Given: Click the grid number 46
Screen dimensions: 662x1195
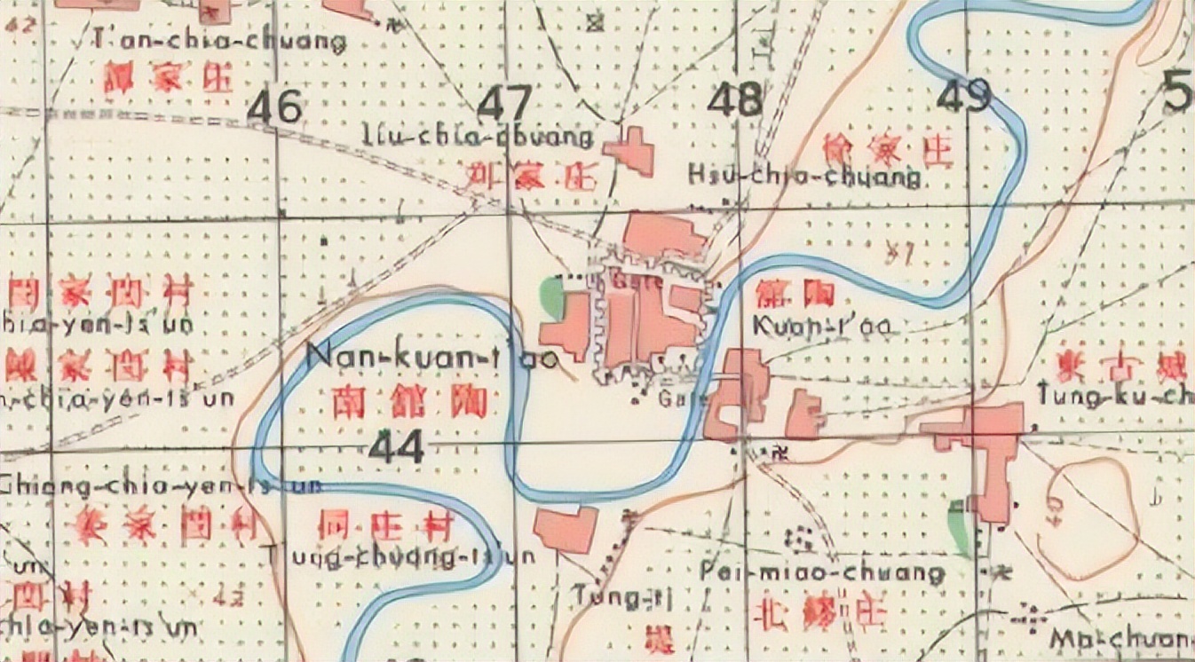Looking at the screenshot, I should pyautogui.click(x=275, y=107).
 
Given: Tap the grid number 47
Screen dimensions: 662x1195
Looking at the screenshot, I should pyautogui.click(x=505, y=104).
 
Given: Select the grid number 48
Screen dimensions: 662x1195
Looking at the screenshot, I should pyautogui.click(x=734, y=99).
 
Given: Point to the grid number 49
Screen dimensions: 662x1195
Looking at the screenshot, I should pyautogui.click(x=963, y=96).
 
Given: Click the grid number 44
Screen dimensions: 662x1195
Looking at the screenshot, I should pyautogui.click(x=397, y=446).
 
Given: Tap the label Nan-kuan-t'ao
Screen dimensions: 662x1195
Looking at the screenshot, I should pyautogui.click(x=432, y=358).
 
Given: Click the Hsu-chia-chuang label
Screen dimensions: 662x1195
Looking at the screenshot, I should pyautogui.click(x=804, y=177).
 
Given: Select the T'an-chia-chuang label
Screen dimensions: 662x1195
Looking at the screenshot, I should pyautogui.click(x=219, y=41).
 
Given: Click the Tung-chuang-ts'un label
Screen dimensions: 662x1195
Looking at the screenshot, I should pyautogui.click(x=401, y=556).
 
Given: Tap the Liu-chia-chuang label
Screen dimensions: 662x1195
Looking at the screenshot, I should pyautogui.click(x=478, y=137).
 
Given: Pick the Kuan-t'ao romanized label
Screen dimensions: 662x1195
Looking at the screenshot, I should pyautogui.click(x=821, y=327).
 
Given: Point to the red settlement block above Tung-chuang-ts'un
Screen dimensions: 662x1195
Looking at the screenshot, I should pyautogui.click(x=566, y=530).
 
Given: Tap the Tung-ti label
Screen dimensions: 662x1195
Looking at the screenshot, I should pyautogui.click(x=622, y=598).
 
